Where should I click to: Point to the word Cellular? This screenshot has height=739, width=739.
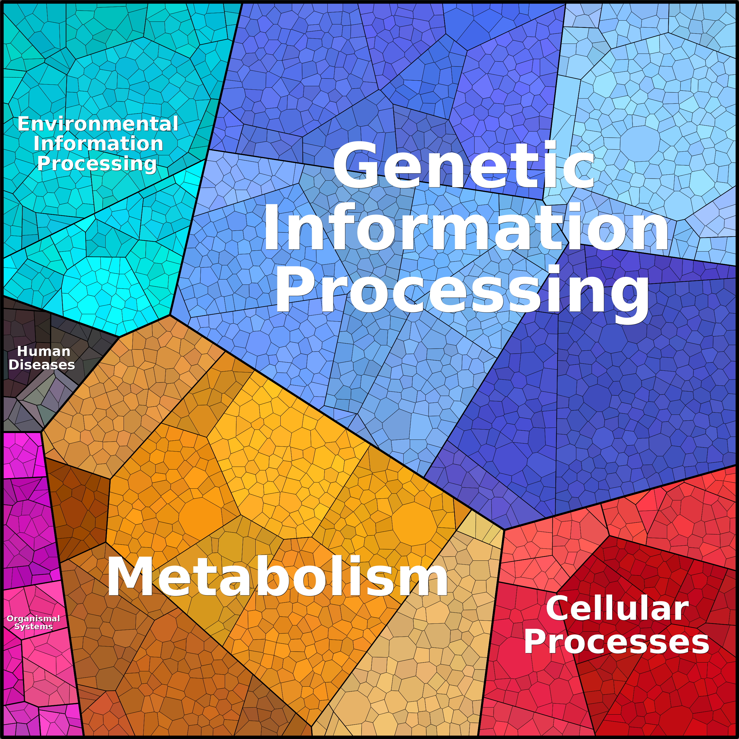pos(617,609)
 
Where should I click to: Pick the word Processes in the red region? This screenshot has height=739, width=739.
pos(616,642)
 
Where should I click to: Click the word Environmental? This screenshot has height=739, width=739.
pos(98,124)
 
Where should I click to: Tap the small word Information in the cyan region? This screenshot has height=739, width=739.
pos(98,144)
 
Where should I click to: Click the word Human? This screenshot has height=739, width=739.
pos(44,351)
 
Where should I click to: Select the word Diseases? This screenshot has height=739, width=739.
pos(42,364)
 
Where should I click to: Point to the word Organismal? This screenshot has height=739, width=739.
pos(33,618)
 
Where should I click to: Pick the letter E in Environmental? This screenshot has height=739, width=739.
pos(24,124)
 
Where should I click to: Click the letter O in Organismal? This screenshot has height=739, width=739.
pos(10,618)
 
